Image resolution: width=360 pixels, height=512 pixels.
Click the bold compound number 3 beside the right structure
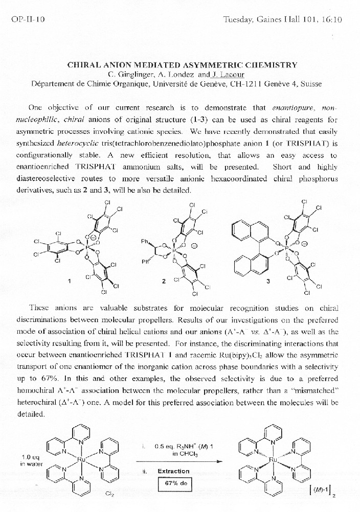pyautogui.click(x=267, y=281)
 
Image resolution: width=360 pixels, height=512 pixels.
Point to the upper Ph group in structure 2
pyautogui.click(x=146, y=241)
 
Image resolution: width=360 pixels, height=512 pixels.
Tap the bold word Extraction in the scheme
pyautogui.click(x=173, y=471)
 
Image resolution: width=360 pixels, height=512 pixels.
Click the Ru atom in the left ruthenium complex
pyautogui.click(x=80, y=459)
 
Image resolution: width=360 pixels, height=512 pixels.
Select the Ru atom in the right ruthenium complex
pyautogui.click(x=273, y=460)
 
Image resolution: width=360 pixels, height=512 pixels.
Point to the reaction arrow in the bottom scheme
pyautogui.click(x=182, y=461)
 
